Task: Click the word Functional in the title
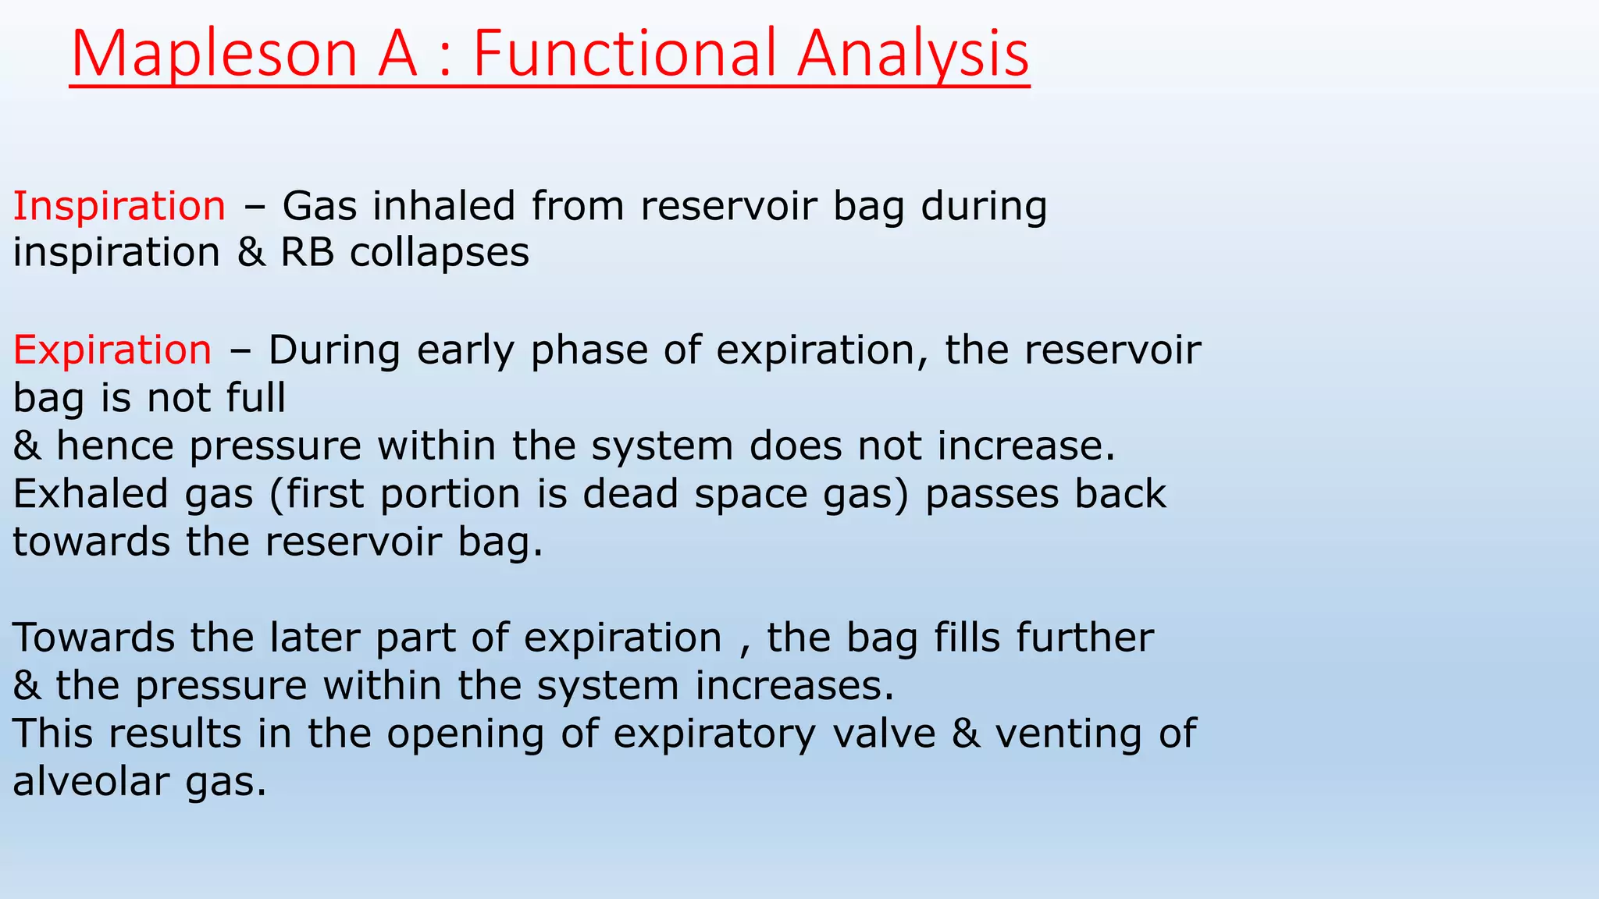(x=625, y=55)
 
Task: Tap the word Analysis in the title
(x=913, y=55)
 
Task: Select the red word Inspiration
(x=119, y=207)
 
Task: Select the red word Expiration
(x=112, y=350)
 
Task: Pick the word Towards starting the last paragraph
(x=94, y=638)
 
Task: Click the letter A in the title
(x=398, y=55)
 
